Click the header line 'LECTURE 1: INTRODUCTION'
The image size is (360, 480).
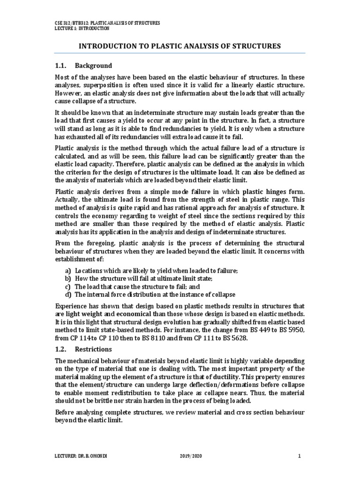point(82,28)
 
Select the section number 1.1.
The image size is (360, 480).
point(61,65)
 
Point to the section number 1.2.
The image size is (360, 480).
point(61,349)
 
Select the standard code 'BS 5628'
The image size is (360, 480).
point(233,337)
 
